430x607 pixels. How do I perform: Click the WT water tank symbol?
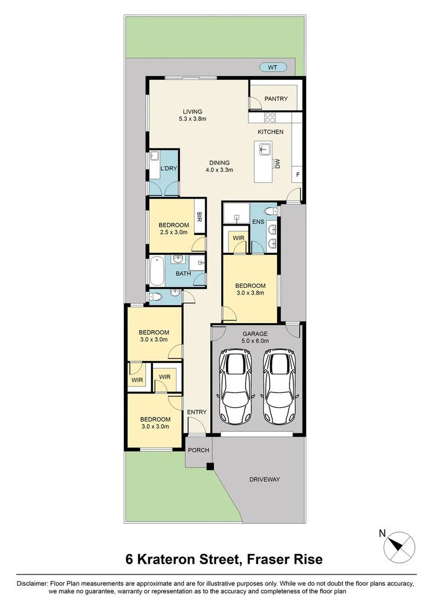273,67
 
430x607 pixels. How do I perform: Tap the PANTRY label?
276,99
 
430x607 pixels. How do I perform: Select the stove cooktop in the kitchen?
270,117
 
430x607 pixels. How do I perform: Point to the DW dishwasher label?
278,164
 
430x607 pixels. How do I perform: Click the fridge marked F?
298,175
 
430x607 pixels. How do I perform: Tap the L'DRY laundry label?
168,168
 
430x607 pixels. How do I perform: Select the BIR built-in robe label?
199,216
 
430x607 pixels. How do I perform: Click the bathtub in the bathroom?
158,270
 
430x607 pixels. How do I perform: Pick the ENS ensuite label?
258,222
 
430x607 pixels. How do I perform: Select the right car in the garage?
279,387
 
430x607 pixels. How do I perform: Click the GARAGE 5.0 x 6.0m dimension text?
255,337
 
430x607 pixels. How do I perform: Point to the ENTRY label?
196,412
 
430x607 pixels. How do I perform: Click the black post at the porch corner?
210,467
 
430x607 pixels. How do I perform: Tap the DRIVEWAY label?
264,479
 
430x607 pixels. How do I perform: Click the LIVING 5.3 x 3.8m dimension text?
192,115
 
